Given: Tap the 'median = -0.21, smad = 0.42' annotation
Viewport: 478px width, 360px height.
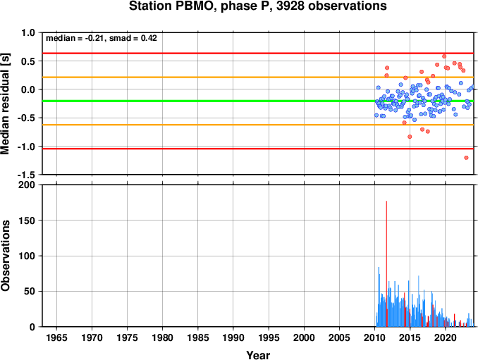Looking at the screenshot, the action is [102, 38].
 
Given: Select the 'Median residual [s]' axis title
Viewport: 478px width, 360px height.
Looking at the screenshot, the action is [5, 104].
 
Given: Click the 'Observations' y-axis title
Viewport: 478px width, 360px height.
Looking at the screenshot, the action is [5, 255].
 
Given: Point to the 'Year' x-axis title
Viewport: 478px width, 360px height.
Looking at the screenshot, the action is [258, 355].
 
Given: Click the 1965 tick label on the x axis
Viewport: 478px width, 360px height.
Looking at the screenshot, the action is [56, 337].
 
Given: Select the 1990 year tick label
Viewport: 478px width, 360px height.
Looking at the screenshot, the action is [233, 337].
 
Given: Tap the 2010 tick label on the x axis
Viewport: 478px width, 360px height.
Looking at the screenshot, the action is [374, 337].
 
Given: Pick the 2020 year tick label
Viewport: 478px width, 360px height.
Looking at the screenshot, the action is [446, 337].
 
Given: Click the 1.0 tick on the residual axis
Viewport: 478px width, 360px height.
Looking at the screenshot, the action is [28, 32].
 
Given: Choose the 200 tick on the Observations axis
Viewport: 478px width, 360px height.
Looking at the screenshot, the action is [27, 185].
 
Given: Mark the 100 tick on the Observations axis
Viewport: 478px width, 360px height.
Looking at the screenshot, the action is [27, 256].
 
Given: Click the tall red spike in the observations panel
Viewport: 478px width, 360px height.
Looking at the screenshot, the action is [386, 263].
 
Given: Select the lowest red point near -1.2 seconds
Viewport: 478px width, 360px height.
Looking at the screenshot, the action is [466, 158].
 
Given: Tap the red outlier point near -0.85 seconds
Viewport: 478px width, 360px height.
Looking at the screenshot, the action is [410, 137].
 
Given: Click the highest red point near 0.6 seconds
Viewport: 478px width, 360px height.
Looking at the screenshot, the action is [444, 56].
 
